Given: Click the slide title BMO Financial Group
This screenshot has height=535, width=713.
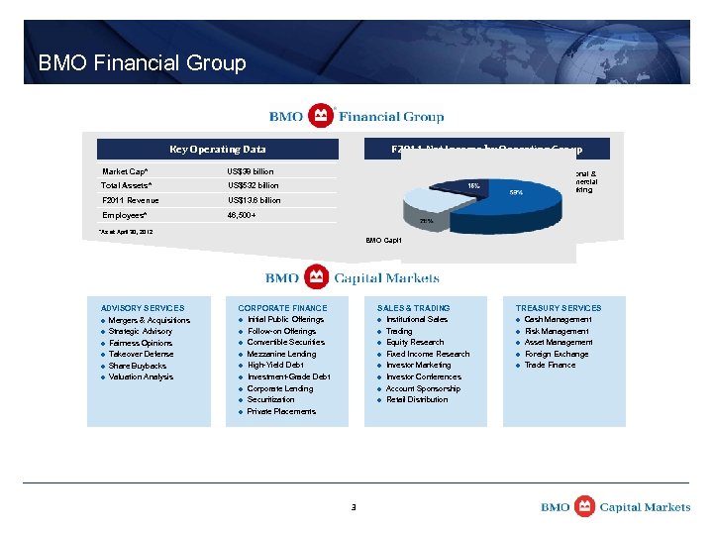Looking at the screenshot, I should coord(142,63).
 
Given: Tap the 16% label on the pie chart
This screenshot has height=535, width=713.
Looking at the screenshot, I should coord(474,184).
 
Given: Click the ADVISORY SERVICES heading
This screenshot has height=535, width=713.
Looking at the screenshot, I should coord(136,308).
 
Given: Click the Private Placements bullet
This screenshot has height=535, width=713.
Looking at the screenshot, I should coord(281,411).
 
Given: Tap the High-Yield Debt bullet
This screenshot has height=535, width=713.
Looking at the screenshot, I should coord(275,365).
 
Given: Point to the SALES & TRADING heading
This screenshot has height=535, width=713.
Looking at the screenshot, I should coord(413,308).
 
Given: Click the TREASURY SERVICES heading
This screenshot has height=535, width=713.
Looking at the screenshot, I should coord(558,308).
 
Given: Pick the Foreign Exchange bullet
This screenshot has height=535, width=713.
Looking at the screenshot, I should coord(557,354).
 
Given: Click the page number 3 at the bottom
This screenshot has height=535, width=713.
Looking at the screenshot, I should coord(353,507).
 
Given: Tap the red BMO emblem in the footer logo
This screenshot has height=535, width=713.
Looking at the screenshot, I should coord(584,507).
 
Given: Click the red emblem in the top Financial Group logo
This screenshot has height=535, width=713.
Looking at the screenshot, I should coord(321,116).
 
